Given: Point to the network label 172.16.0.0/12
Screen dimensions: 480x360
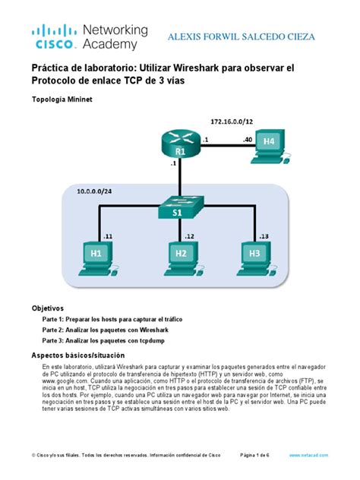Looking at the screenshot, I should pos(232,122).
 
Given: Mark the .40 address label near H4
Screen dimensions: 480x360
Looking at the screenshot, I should pos(247,140).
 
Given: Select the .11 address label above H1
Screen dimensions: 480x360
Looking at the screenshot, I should pos(108,236).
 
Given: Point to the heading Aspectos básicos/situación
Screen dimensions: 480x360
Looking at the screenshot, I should pos(78,355).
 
